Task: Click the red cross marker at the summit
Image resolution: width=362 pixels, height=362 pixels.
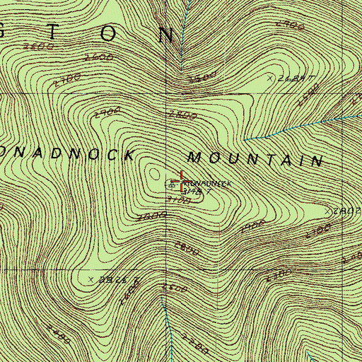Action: click(x=182, y=182)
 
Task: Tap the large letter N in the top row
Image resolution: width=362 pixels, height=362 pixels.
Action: click(x=166, y=33)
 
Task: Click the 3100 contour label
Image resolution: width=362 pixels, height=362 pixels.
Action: click(x=180, y=201)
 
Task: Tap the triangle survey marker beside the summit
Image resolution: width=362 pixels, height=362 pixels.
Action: click(x=170, y=185)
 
